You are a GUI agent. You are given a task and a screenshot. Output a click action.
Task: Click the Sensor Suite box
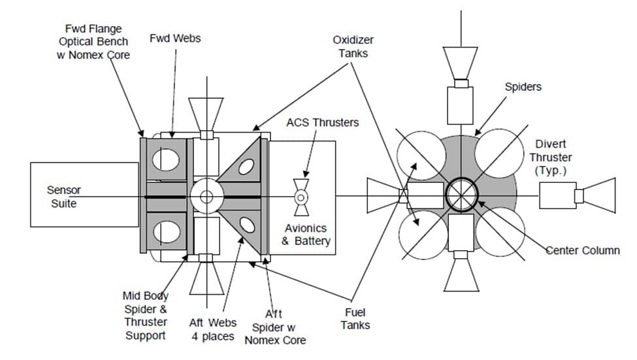(x=84, y=195)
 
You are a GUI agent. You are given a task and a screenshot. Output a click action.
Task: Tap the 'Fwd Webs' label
(x=175, y=39)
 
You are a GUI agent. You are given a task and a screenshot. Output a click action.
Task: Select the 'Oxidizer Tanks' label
(x=353, y=46)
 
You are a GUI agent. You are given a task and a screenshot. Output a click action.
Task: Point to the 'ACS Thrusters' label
(x=323, y=123)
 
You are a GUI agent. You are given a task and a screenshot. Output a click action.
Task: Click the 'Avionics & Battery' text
(x=306, y=235)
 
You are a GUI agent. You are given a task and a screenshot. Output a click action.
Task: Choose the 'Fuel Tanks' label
(x=355, y=319)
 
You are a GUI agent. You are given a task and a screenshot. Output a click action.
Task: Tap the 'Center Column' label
(x=583, y=250)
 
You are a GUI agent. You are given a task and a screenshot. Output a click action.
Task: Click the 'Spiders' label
(x=523, y=87)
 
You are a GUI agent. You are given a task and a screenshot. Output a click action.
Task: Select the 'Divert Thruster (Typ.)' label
(x=551, y=157)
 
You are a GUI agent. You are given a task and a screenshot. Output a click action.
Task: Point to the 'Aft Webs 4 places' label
(x=213, y=329)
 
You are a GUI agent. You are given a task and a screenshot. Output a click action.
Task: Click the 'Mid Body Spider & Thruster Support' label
(x=146, y=316)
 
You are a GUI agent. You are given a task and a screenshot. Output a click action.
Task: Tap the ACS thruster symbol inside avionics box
(x=301, y=197)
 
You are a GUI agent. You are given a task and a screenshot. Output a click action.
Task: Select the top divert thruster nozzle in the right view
(x=461, y=63)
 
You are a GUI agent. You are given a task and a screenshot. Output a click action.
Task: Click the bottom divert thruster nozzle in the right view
(x=461, y=275)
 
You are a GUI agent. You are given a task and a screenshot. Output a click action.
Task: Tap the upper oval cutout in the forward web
(x=166, y=159)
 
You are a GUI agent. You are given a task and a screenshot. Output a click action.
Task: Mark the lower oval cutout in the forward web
(x=167, y=232)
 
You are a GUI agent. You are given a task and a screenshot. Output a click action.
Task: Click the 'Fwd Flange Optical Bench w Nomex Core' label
(x=93, y=42)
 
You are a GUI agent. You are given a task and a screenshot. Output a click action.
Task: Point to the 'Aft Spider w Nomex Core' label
(x=275, y=327)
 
